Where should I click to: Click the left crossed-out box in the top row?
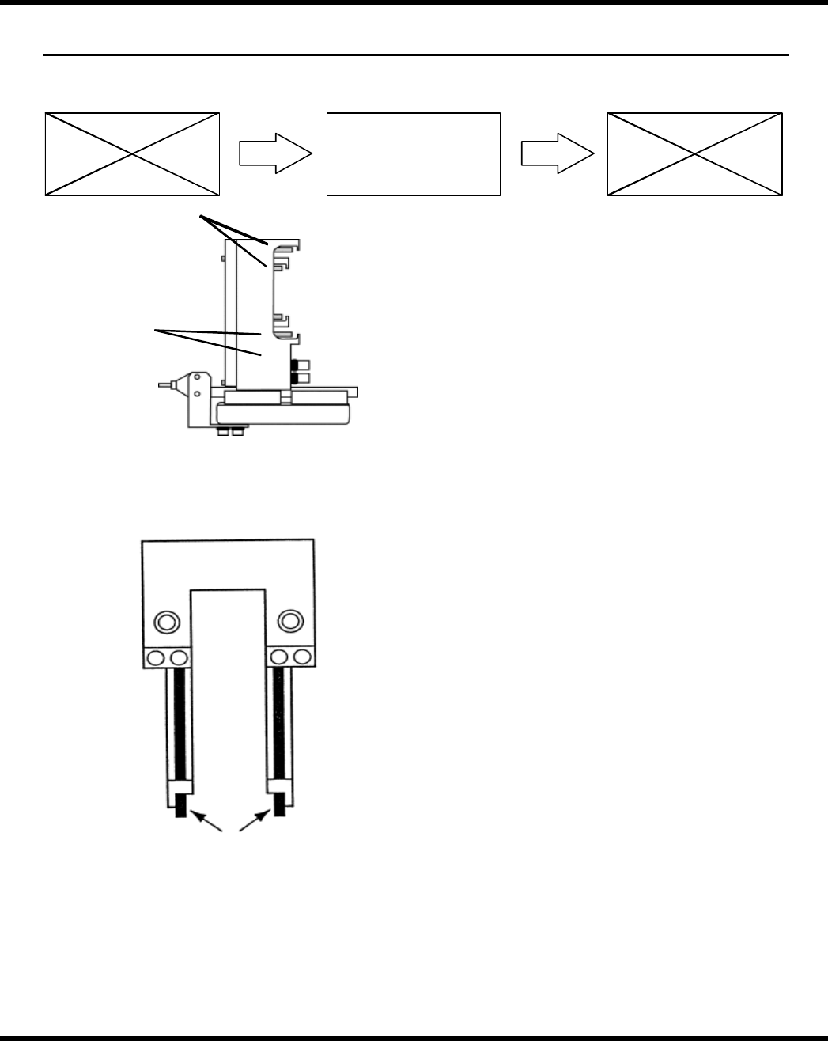pyautogui.click(x=131, y=154)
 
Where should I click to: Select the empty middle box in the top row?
pyautogui.click(x=414, y=154)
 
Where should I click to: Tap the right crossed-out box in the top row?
pyautogui.click(x=694, y=154)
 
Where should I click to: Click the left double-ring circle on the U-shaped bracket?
pyautogui.click(x=165, y=622)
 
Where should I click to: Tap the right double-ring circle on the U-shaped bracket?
pyautogui.click(x=290, y=622)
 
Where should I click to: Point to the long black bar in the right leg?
pyautogui.click(x=278, y=723)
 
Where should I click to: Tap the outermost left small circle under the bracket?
pyautogui.click(x=155, y=657)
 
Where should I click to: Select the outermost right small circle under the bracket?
pyautogui.click(x=303, y=657)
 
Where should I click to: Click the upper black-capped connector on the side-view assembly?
pyautogui.click(x=301, y=365)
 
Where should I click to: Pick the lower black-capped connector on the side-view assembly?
pyautogui.click(x=301, y=380)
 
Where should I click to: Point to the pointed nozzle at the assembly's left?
pyautogui.click(x=167, y=386)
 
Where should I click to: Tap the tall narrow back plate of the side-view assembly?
pyautogui.click(x=232, y=312)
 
